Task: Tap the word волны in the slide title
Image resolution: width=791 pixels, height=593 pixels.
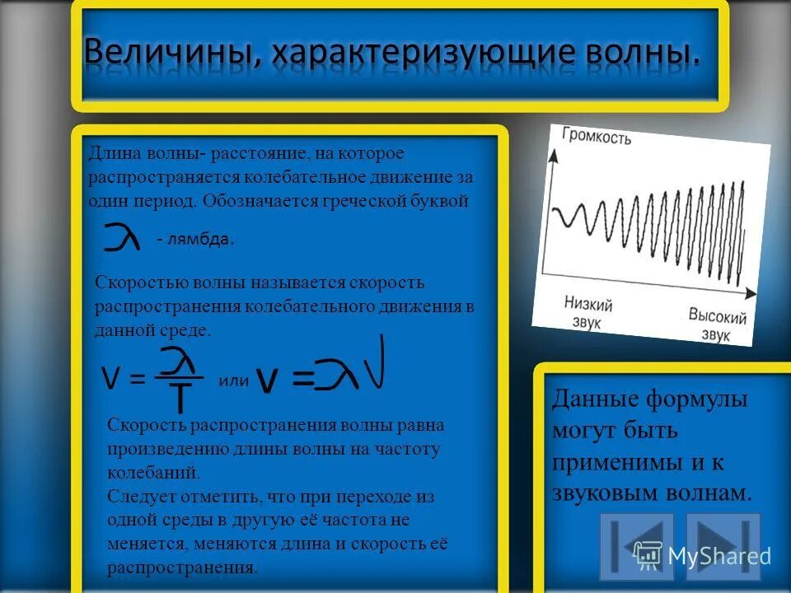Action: click(x=644, y=54)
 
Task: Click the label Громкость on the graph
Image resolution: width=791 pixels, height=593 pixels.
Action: click(x=597, y=136)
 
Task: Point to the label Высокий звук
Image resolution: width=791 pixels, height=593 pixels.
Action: click(x=717, y=325)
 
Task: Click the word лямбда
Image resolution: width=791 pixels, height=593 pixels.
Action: click(x=200, y=240)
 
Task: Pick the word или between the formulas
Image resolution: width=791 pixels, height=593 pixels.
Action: click(x=233, y=381)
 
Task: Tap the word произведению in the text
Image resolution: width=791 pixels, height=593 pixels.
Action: click(x=161, y=450)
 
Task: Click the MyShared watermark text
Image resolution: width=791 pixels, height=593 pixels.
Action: click(x=719, y=556)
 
